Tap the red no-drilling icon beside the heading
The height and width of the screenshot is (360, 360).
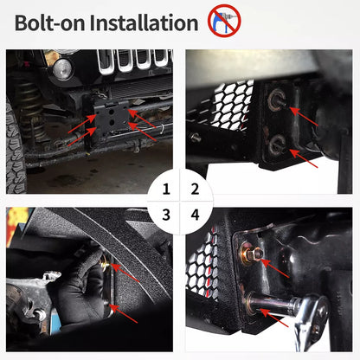[224, 20]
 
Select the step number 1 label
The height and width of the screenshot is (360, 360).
[165, 189]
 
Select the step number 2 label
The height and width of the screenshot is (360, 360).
[195, 189]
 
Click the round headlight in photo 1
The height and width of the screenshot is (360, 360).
[63, 69]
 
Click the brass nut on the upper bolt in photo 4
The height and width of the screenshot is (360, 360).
[249, 256]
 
